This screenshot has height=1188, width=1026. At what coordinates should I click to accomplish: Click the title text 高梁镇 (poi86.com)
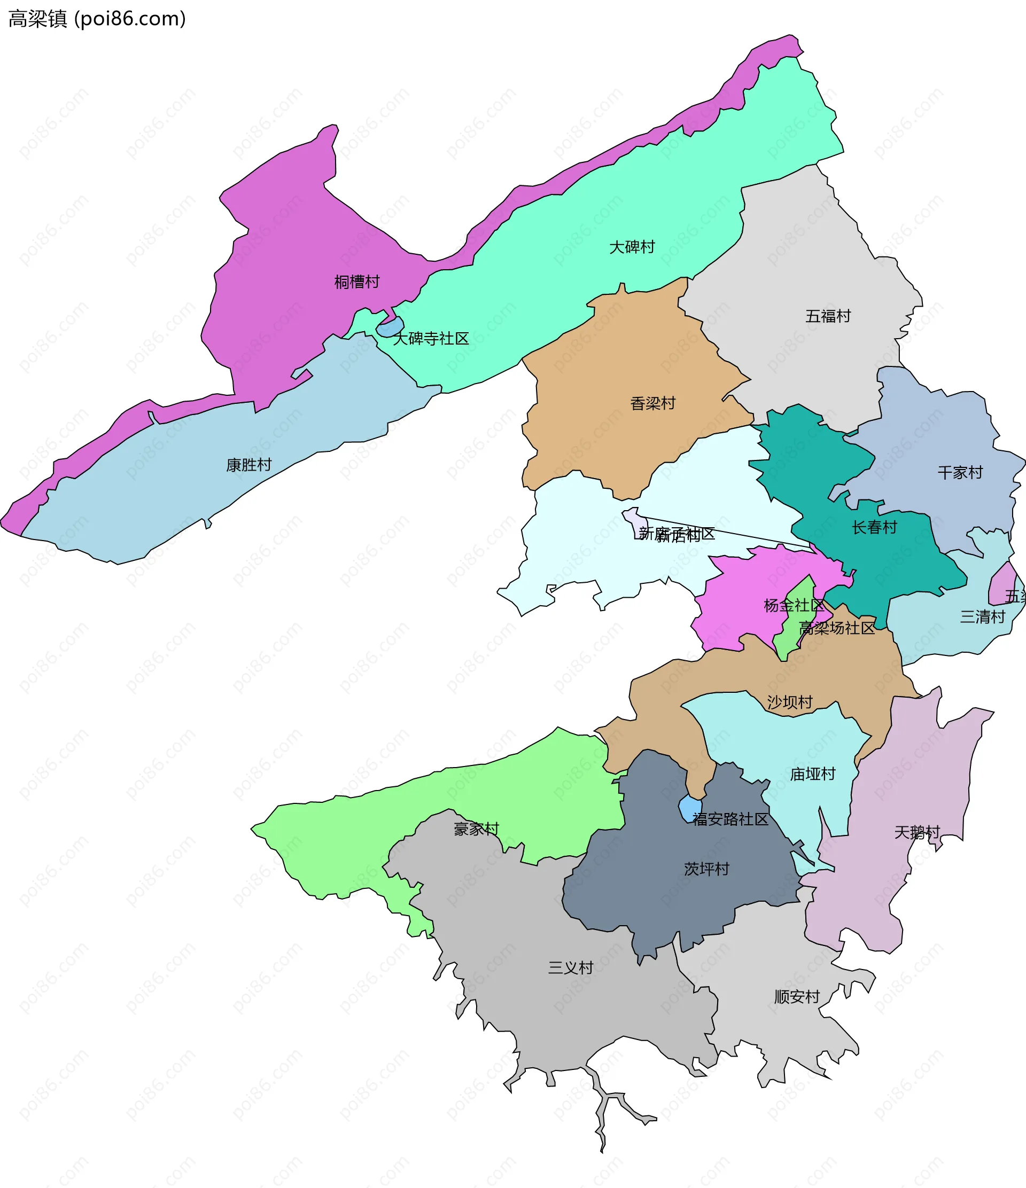coord(97,19)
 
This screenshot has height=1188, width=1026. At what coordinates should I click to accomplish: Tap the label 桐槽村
coord(357,282)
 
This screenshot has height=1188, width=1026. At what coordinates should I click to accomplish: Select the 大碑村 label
coord(632,247)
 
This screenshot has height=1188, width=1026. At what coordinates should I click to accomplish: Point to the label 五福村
coord(828,316)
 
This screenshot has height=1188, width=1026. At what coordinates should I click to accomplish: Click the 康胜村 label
coord(248,465)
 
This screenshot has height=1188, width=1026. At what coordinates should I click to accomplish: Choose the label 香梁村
coord(652,404)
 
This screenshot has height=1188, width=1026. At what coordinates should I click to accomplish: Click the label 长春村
coord(874,527)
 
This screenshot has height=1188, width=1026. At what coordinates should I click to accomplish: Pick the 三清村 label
coord(982,618)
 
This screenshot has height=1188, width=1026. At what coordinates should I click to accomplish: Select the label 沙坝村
coord(790,702)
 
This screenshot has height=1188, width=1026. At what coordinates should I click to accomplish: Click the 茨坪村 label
coord(706,869)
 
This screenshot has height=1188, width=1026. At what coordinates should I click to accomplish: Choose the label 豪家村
coord(476,829)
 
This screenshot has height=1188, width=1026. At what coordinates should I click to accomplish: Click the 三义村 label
coord(570,968)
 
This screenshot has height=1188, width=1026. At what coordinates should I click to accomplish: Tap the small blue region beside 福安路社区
coord(690,808)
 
